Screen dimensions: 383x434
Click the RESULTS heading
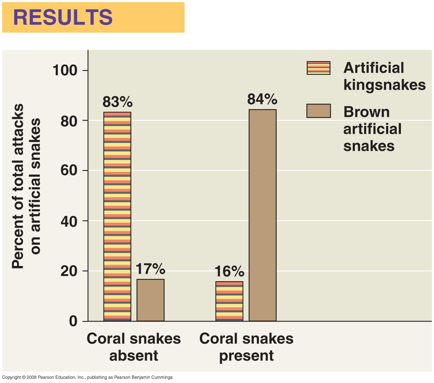tap(63, 17)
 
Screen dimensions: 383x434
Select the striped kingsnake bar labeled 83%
tap(117, 216)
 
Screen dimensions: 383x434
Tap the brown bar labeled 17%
tap(150, 300)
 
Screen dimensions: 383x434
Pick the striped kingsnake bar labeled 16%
tap(229, 301)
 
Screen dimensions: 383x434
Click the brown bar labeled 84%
tap(263, 215)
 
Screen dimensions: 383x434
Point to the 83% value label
tap(117, 102)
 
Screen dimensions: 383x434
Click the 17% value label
tap(150, 270)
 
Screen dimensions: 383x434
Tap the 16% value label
tap(229, 272)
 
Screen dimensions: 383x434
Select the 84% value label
tap(262, 99)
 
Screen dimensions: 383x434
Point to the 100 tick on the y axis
tap(65, 70)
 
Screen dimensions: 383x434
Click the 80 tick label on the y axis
tap(69, 121)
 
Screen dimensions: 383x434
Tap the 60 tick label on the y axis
tap(69, 171)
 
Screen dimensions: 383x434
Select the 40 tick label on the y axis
tap(69, 221)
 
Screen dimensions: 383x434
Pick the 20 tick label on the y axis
tap(69, 271)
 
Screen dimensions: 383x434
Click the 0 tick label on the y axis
tap(73, 321)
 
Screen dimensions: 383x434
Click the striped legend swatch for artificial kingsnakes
tap(318, 68)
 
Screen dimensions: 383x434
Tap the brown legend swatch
tap(318, 111)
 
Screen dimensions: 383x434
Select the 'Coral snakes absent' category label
tap(133, 347)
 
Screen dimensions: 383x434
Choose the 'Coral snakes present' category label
tap(246, 347)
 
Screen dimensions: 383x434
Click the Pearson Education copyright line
tap(88, 377)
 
